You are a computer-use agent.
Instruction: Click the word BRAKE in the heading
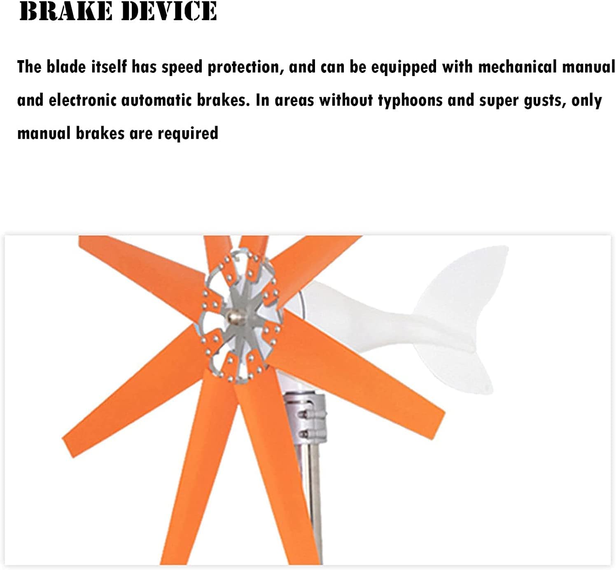coord(66,11)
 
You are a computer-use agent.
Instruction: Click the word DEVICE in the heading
coord(169,11)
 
